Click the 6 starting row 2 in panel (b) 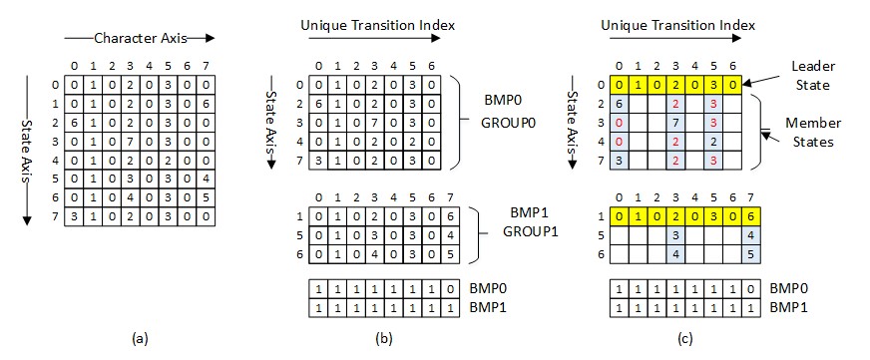pyautogui.click(x=317, y=104)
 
